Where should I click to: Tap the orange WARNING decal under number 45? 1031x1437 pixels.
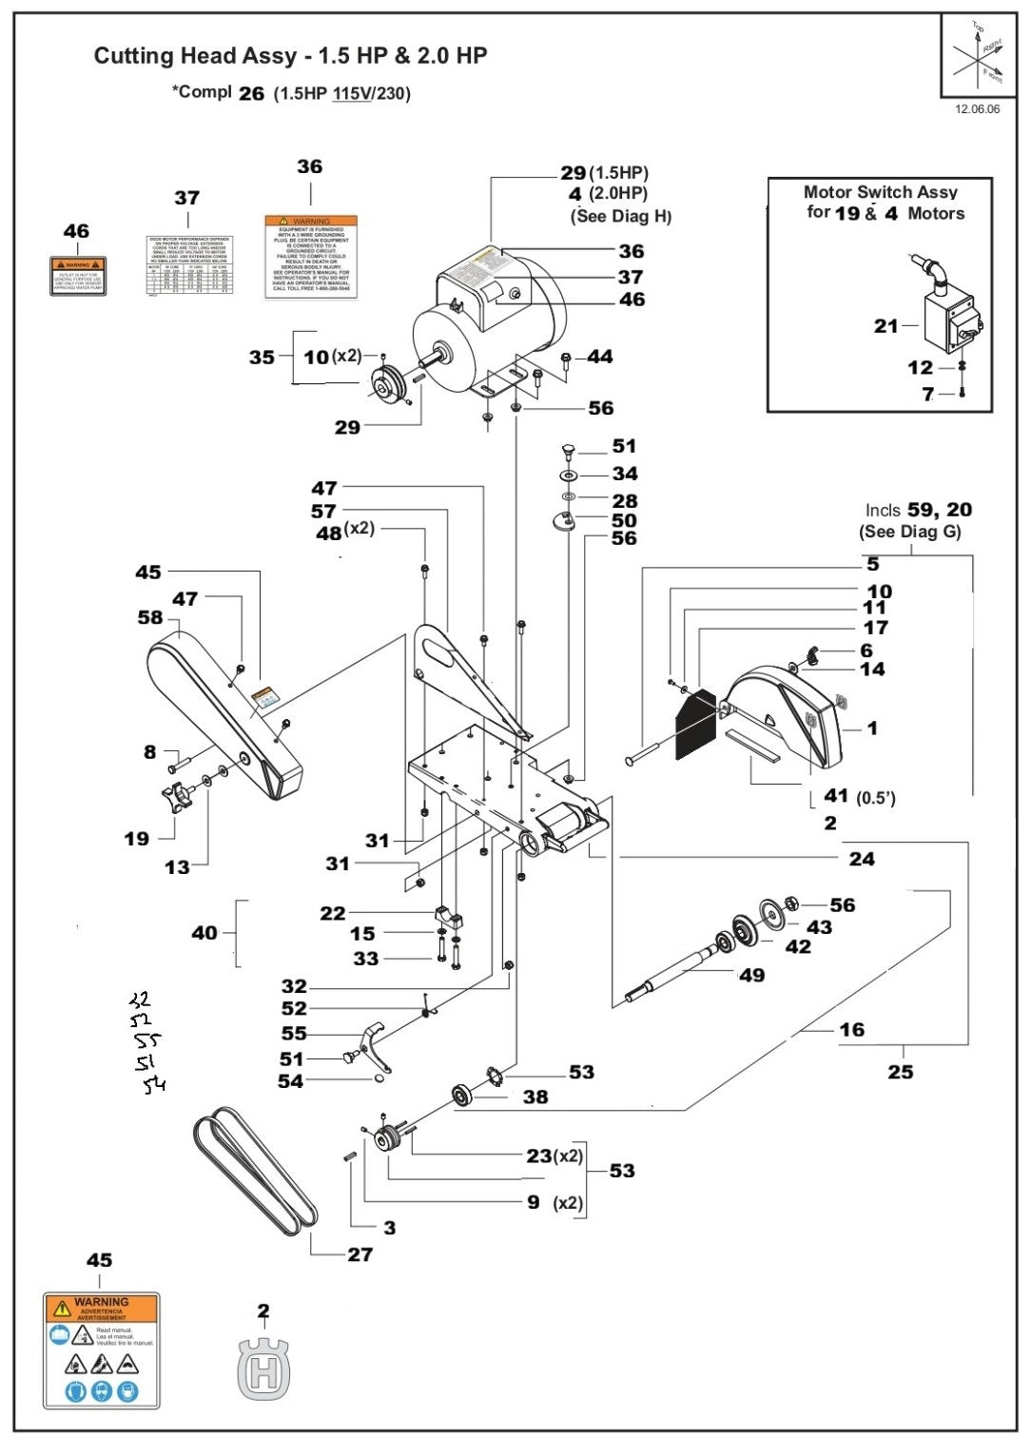101,1350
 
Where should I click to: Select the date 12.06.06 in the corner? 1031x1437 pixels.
977,109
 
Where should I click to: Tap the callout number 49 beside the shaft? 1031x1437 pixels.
751,975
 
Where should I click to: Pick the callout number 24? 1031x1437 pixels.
862,859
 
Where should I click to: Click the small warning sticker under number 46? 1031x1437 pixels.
77,275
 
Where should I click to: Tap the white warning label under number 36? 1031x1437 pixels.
310,257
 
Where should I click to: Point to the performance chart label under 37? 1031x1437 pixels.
187,267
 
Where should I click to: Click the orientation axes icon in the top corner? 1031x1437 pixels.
979,55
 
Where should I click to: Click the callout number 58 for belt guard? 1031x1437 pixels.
150,617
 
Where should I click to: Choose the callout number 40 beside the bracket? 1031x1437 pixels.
204,933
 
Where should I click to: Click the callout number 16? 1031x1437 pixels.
851,1029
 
